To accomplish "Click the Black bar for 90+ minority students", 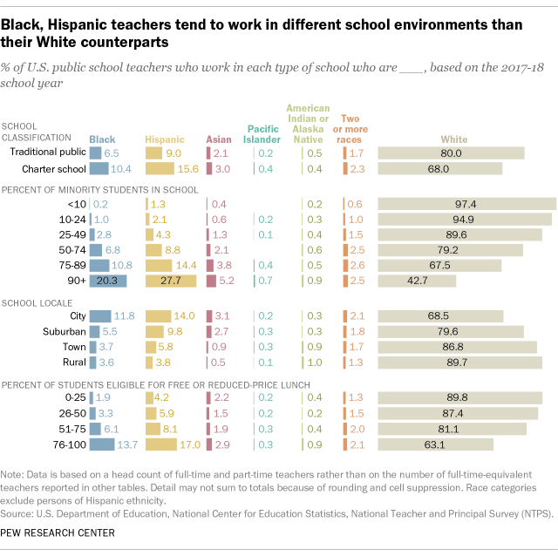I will click(108, 281).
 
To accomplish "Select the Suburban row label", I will click(65, 330).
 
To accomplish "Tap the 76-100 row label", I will click(66, 445).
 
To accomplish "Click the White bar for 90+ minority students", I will click(417, 281).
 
